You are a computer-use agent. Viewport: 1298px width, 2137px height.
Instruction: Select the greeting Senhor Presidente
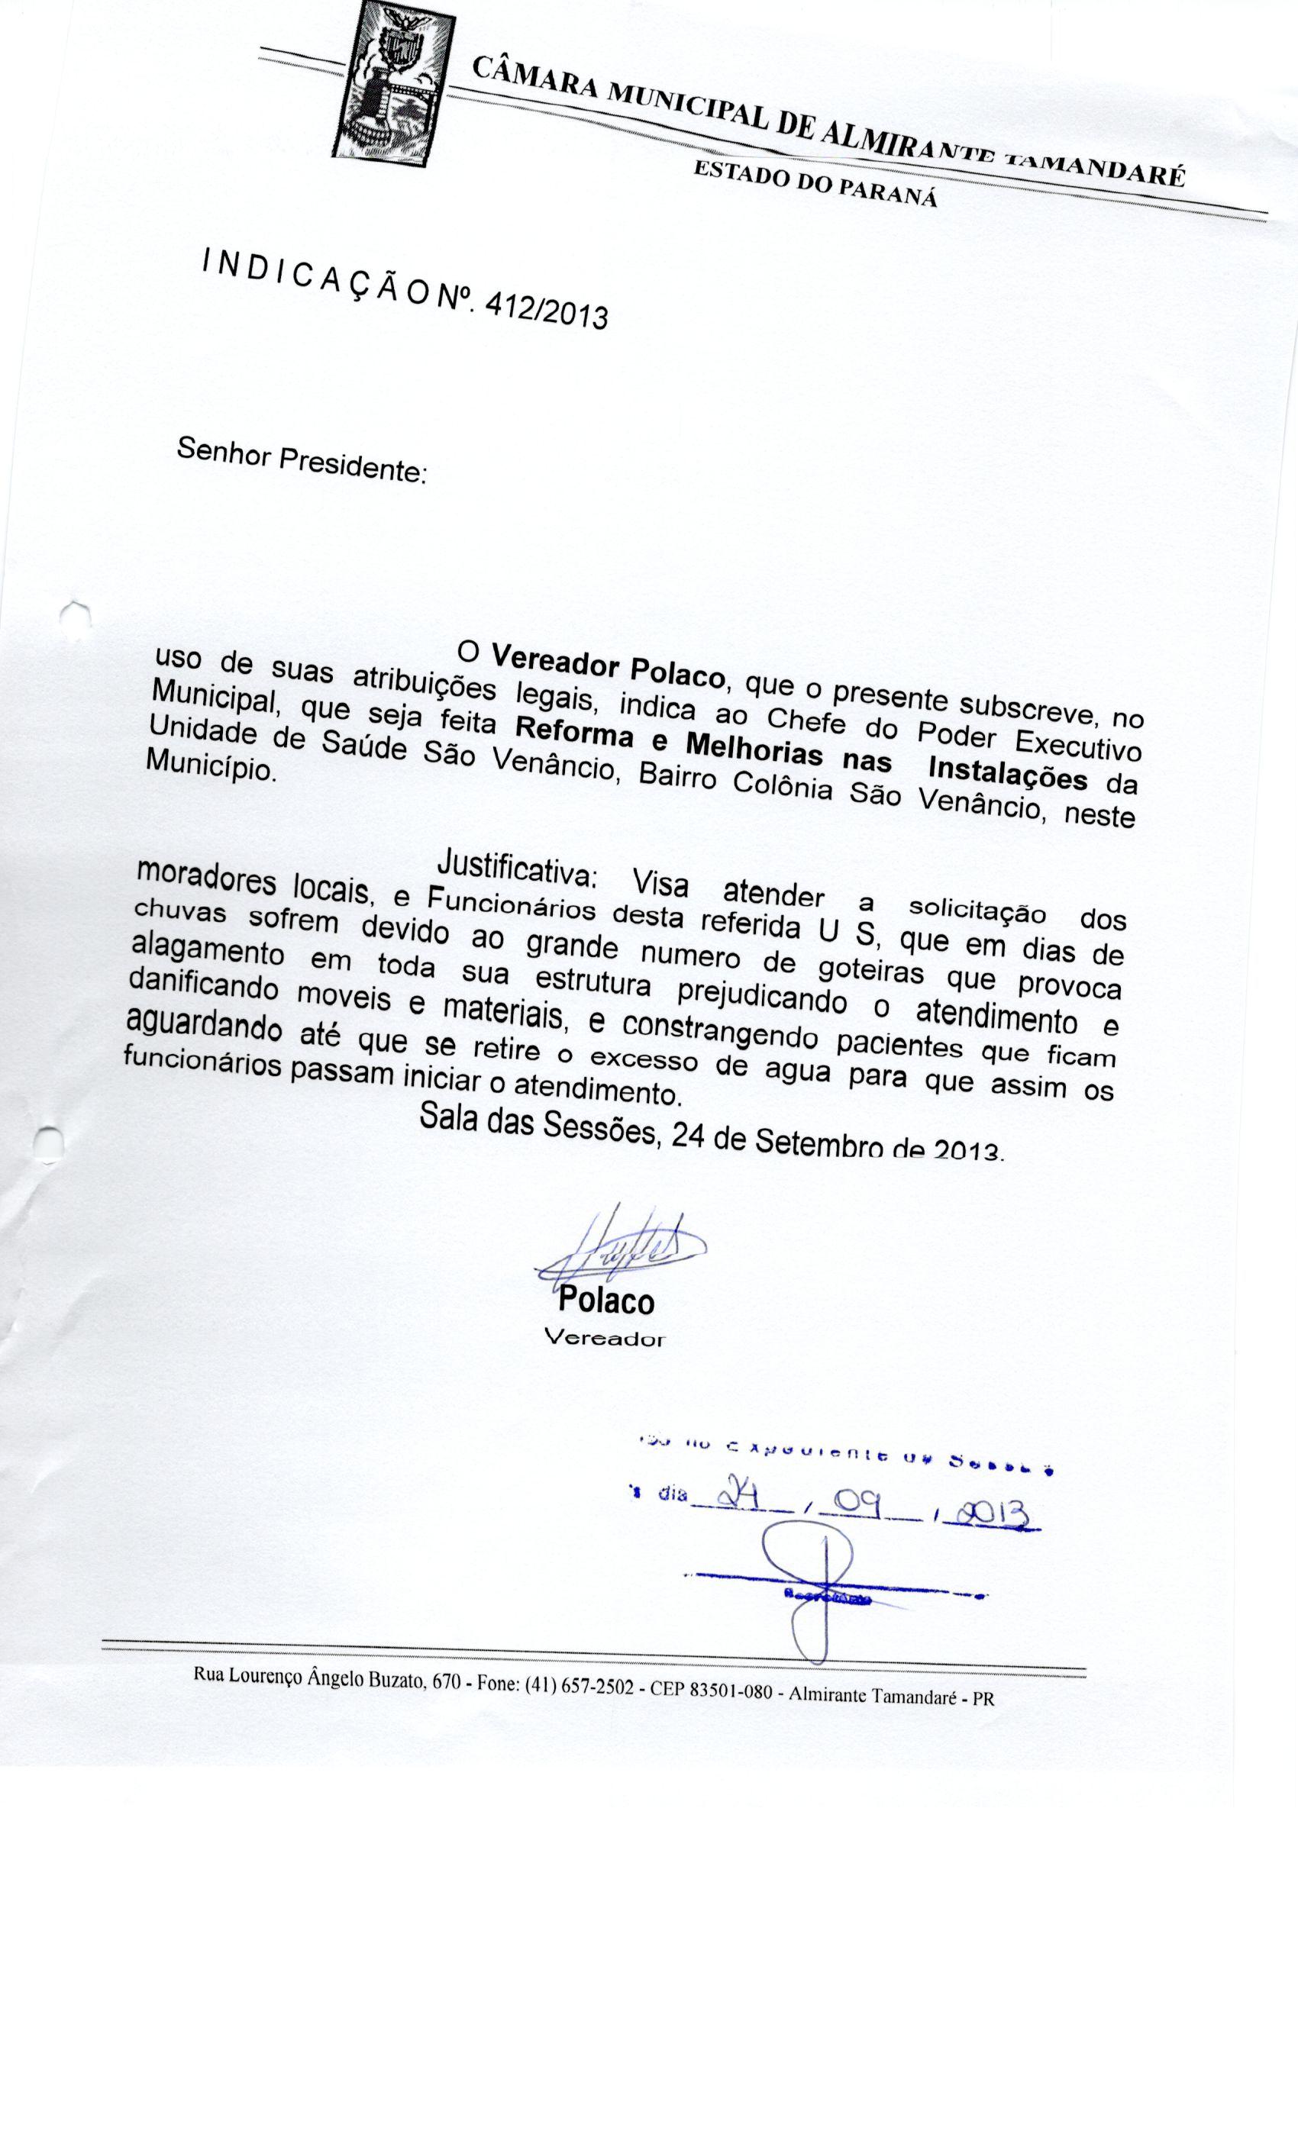[300, 459]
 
